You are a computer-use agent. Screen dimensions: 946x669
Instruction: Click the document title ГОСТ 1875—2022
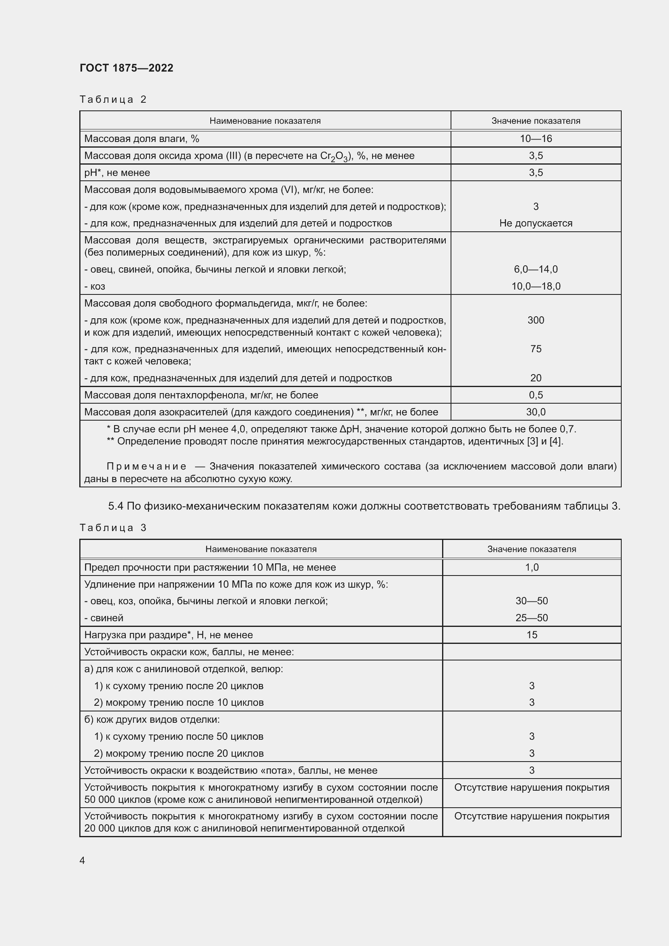coord(127,68)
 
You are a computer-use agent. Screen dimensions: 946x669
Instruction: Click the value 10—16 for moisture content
coord(536,139)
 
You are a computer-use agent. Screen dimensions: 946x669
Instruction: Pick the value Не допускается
coord(536,223)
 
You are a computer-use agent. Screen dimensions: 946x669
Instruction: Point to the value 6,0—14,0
coord(536,269)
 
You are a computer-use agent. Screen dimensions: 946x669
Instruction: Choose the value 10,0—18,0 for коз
coord(536,286)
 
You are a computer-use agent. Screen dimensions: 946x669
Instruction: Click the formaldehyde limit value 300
coord(536,320)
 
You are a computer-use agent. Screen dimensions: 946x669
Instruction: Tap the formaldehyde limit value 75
coord(536,349)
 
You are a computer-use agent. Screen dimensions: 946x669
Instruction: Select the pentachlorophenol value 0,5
coord(536,395)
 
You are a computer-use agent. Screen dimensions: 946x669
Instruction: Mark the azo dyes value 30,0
coord(536,412)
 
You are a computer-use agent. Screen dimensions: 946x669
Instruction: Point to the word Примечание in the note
coord(146,466)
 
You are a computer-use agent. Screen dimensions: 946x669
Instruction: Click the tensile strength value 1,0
coord(531,567)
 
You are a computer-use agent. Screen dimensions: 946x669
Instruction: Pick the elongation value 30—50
coord(531,601)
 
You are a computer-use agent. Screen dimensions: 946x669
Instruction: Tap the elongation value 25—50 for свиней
coord(531,618)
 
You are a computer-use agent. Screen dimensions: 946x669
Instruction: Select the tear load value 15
coord(531,635)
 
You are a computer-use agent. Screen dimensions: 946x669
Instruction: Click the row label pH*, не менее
coord(117,173)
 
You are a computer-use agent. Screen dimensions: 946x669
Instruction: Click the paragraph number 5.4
coord(116,506)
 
